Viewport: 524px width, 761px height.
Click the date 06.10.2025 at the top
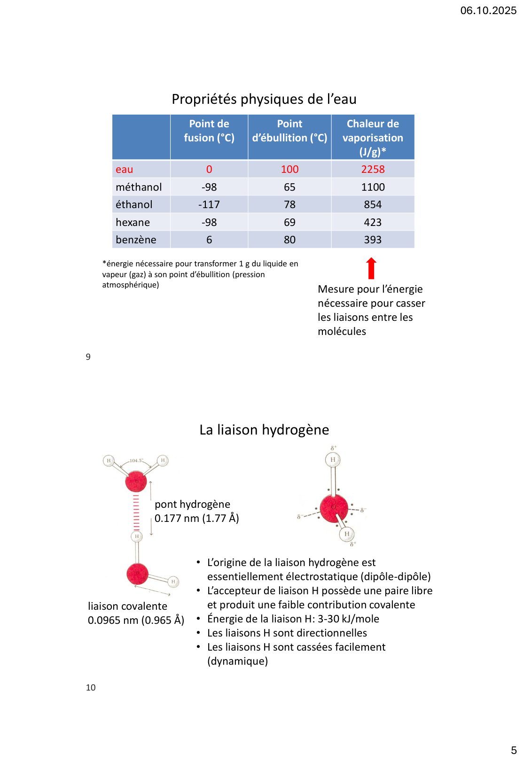point(488,11)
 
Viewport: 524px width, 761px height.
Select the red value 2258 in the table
point(373,170)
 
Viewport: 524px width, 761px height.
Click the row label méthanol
point(139,187)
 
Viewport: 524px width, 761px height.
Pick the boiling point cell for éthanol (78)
point(289,205)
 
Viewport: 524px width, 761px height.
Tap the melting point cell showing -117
point(209,205)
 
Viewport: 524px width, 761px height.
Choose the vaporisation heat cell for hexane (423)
point(373,223)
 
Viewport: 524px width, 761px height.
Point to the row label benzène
point(136,240)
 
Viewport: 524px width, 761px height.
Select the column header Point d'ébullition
point(289,131)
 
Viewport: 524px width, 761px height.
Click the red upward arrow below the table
point(371,268)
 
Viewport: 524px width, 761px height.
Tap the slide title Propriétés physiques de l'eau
point(264,100)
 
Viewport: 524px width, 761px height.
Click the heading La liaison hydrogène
point(264,430)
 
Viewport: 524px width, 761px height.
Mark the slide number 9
point(88,357)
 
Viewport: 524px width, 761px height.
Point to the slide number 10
point(91,688)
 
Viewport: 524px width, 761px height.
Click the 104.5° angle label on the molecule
point(136,461)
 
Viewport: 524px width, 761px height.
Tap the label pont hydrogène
point(192,505)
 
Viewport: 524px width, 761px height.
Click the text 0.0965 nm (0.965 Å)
point(136,621)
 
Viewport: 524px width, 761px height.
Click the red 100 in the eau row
point(289,170)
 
